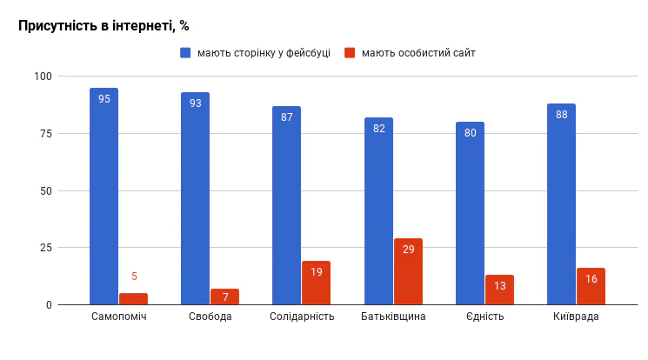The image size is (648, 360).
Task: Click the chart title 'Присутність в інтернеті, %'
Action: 104,26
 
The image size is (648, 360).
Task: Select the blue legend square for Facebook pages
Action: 185,53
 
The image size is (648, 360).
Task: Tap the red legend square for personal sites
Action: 350,53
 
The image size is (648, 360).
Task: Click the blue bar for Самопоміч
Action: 104,197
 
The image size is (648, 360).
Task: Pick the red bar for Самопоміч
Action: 133,299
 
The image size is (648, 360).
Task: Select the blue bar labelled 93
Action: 195,198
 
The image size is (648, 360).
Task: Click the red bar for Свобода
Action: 224,297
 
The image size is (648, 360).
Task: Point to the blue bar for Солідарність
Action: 286,205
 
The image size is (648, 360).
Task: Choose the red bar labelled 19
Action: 316,283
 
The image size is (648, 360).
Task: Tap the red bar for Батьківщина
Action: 408,271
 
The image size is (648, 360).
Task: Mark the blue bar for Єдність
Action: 470,213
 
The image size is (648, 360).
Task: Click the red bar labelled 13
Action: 499,290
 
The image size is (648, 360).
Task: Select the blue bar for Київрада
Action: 561,204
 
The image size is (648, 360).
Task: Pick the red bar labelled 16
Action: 591,286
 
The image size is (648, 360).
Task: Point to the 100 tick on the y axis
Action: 43,77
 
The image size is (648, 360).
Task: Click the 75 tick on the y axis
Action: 46,134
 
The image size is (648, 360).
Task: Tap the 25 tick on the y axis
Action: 46,248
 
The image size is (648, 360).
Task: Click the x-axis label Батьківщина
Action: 393,317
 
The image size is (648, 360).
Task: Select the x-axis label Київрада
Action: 576,317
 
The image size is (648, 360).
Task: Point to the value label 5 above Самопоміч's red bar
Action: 134,277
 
